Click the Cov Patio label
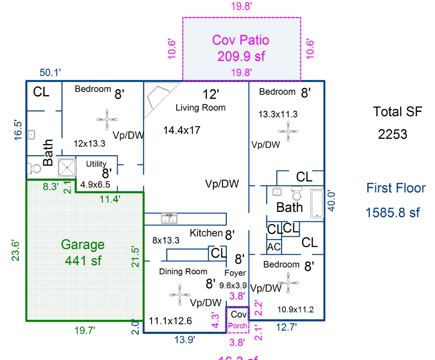pos(241,40)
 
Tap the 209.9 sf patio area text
pos(241,56)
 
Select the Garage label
pos(82,245)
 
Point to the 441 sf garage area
pos(83,261)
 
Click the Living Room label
pos(201,108)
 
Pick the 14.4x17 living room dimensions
pos(182,130)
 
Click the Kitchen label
pos(206,233)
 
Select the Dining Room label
pos(183,271)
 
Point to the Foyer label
pos(235,273)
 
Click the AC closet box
pos(273,247)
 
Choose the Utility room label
pos(96,164)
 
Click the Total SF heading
pos(397,112)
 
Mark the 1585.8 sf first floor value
pos(393,212)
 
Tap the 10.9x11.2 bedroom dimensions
pos(295,310)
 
